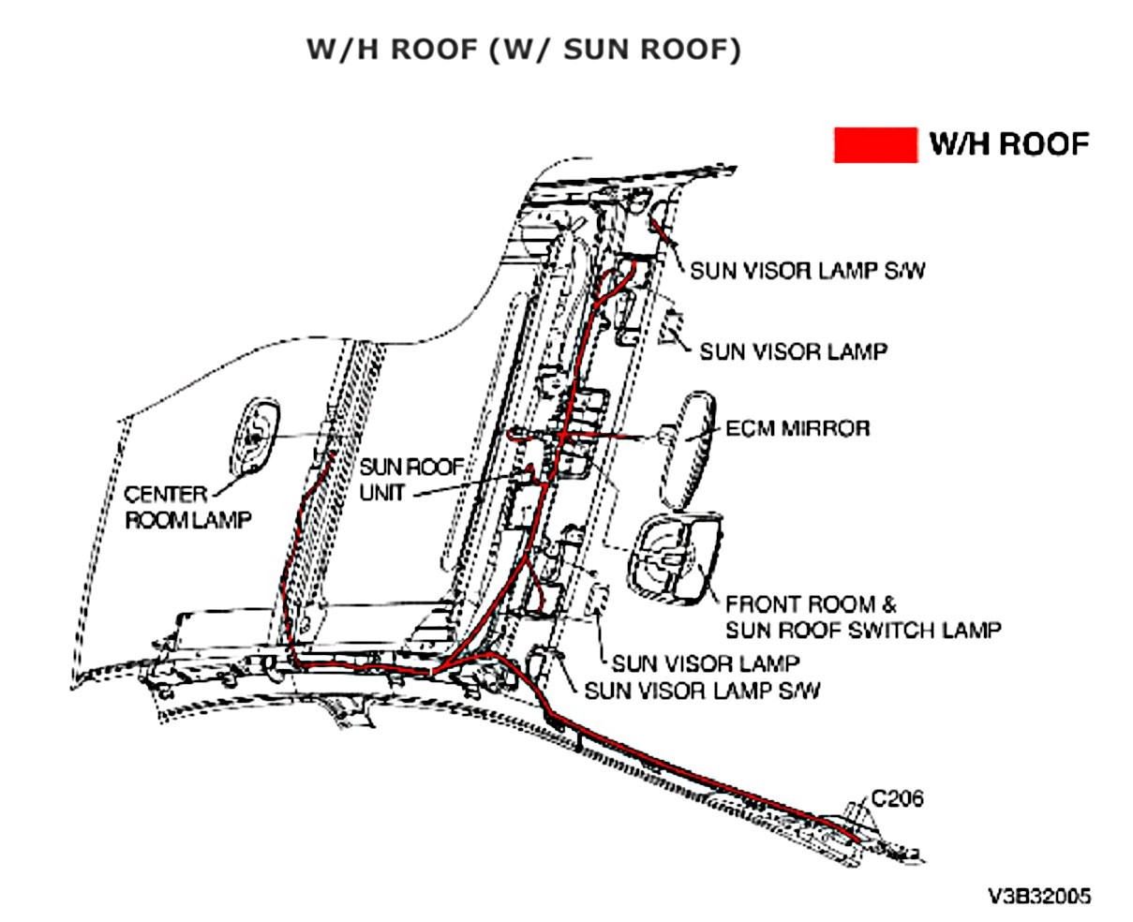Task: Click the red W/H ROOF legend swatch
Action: click(x=875, y=145)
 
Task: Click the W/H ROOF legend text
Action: click(x=1008, y=144)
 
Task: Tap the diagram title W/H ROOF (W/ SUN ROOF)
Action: click(x=524, y=50)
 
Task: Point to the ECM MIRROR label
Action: click(x=798, y=428)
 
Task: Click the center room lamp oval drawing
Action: click(x=255, y=435)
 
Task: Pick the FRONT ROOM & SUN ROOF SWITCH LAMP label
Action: click(x=862, y=617)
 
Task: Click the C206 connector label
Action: click(x=897, y=798)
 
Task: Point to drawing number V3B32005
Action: click(x=1039, y=897)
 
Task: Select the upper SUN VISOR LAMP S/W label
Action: click(x=808, y=271)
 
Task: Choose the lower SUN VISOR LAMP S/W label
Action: click(x=702, y=691)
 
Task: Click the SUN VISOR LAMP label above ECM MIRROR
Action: click(x=793, y=352)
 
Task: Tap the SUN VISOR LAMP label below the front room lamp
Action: click(x=705, y=663)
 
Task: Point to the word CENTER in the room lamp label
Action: click(x=165, y=494)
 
